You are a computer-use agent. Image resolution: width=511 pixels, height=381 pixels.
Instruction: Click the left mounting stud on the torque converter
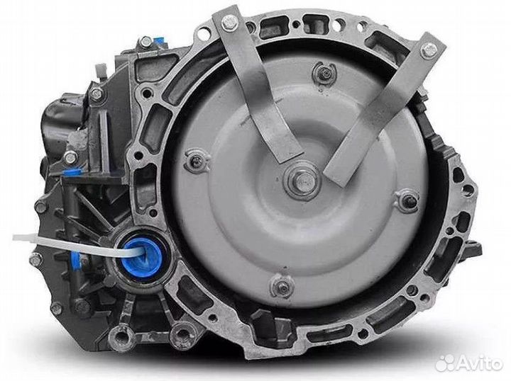click(x=197, y=160)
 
